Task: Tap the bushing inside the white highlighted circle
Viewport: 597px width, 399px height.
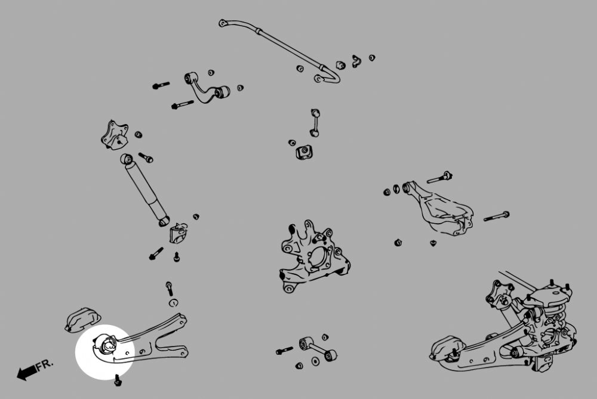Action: click(108, 344)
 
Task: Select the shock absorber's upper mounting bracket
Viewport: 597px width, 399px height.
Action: click(114, 135)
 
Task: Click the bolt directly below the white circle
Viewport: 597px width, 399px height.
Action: click(117, 378)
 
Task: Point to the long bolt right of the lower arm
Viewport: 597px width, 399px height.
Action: click(496, 217)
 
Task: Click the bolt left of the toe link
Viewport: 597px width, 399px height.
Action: click(284, 351)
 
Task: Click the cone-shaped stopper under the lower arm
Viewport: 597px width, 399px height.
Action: click(433, 243)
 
